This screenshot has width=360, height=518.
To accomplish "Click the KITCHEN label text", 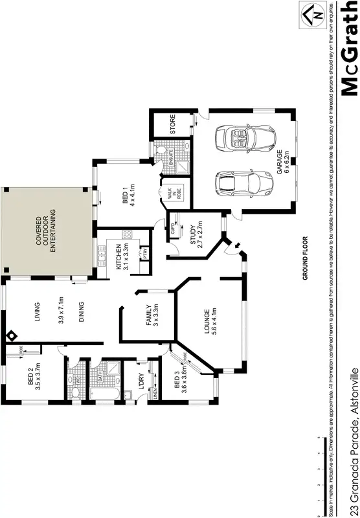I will tap(118, 256).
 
